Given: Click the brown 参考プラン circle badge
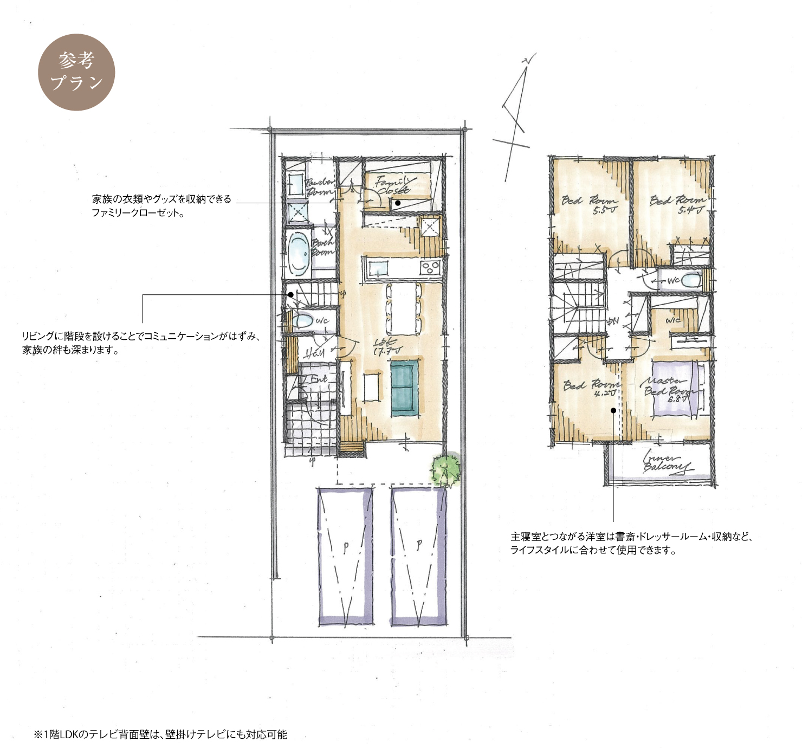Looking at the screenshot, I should (x=76, y=72).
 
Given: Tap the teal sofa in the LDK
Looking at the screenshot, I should (x=404, y=388).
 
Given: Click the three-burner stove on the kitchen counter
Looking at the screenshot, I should (x=431, y=267).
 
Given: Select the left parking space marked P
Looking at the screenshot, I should (x=345, y=556).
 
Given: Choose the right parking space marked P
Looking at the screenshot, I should (x=419, y=556).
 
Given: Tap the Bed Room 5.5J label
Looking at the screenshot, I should (x=589, y=204).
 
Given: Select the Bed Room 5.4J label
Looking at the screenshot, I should (x=677, y=204).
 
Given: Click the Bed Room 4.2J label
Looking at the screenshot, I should (x=591, y=388).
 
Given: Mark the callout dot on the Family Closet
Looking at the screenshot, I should (x=398, y=203).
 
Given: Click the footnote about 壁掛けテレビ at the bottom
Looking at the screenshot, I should (x=160, y=734).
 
